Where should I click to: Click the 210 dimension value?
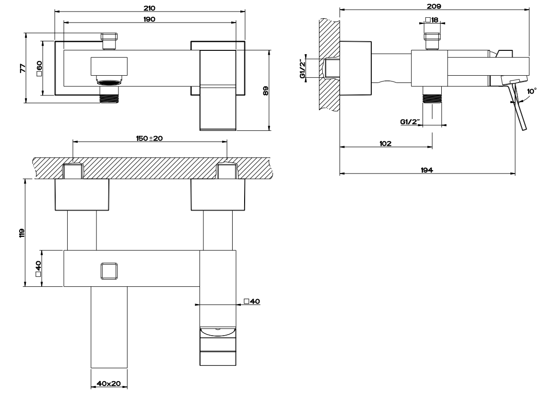pyautogui.click(x=149, y=8)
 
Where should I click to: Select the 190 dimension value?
pyautogui.click(x=149, y=19)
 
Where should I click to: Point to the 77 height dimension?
pyautogui.click(x=23, y=68)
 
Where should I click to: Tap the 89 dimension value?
pyautogui.click(x=265, y=91)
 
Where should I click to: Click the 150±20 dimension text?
pyautogui.click(x=149, y=138)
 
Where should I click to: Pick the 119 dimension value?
pyautogui.click(x=22, y=233)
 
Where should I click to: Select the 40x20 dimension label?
pyautogui.click(x=109, y=383)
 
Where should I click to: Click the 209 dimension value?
pyautogui.click(x=434, y=6)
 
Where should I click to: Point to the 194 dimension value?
pyautogui.click(x=427, y=170)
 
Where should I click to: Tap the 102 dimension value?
pyautogui.click(x=386, y=143)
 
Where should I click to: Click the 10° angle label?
pyautogui.click(x=531, y=91)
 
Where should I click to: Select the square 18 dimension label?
pyautogui.click(x=432, y=20)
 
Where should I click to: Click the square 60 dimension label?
pyautogui.click(x=39, y=68)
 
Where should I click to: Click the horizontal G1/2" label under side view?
pyautogui.click(x=410, y=122)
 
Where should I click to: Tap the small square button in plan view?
pyautogui.click(x=109, y=271)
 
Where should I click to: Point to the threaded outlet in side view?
pyautogui.click(x=432, y=94)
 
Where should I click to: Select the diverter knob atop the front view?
pyautogui.click(x=109, y=41)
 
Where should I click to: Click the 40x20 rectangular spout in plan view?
pyautogui.click(x=109, y=327)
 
